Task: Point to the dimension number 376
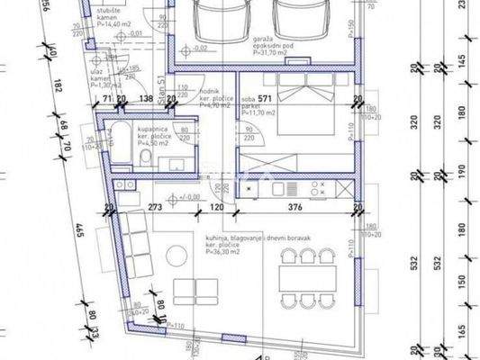294,206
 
